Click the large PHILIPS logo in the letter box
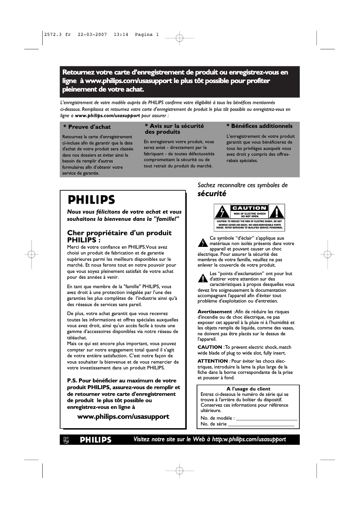tap(91, 199)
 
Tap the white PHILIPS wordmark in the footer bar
tap(96, 440)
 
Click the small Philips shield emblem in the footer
tap(66, 440)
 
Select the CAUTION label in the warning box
tap(249, 208)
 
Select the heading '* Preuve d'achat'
tap(87, 127)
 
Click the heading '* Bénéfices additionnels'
tap(259, 126)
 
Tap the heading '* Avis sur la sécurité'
tap(174, 126)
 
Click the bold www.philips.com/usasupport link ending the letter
tap(123, 416)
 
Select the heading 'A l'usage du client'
tap(248, 389)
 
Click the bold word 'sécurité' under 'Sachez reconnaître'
tap(211, 194)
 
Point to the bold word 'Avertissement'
tap(215, 312)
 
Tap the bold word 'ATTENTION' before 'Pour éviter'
tap(213, 361)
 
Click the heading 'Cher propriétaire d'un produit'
tap(119, 233)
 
